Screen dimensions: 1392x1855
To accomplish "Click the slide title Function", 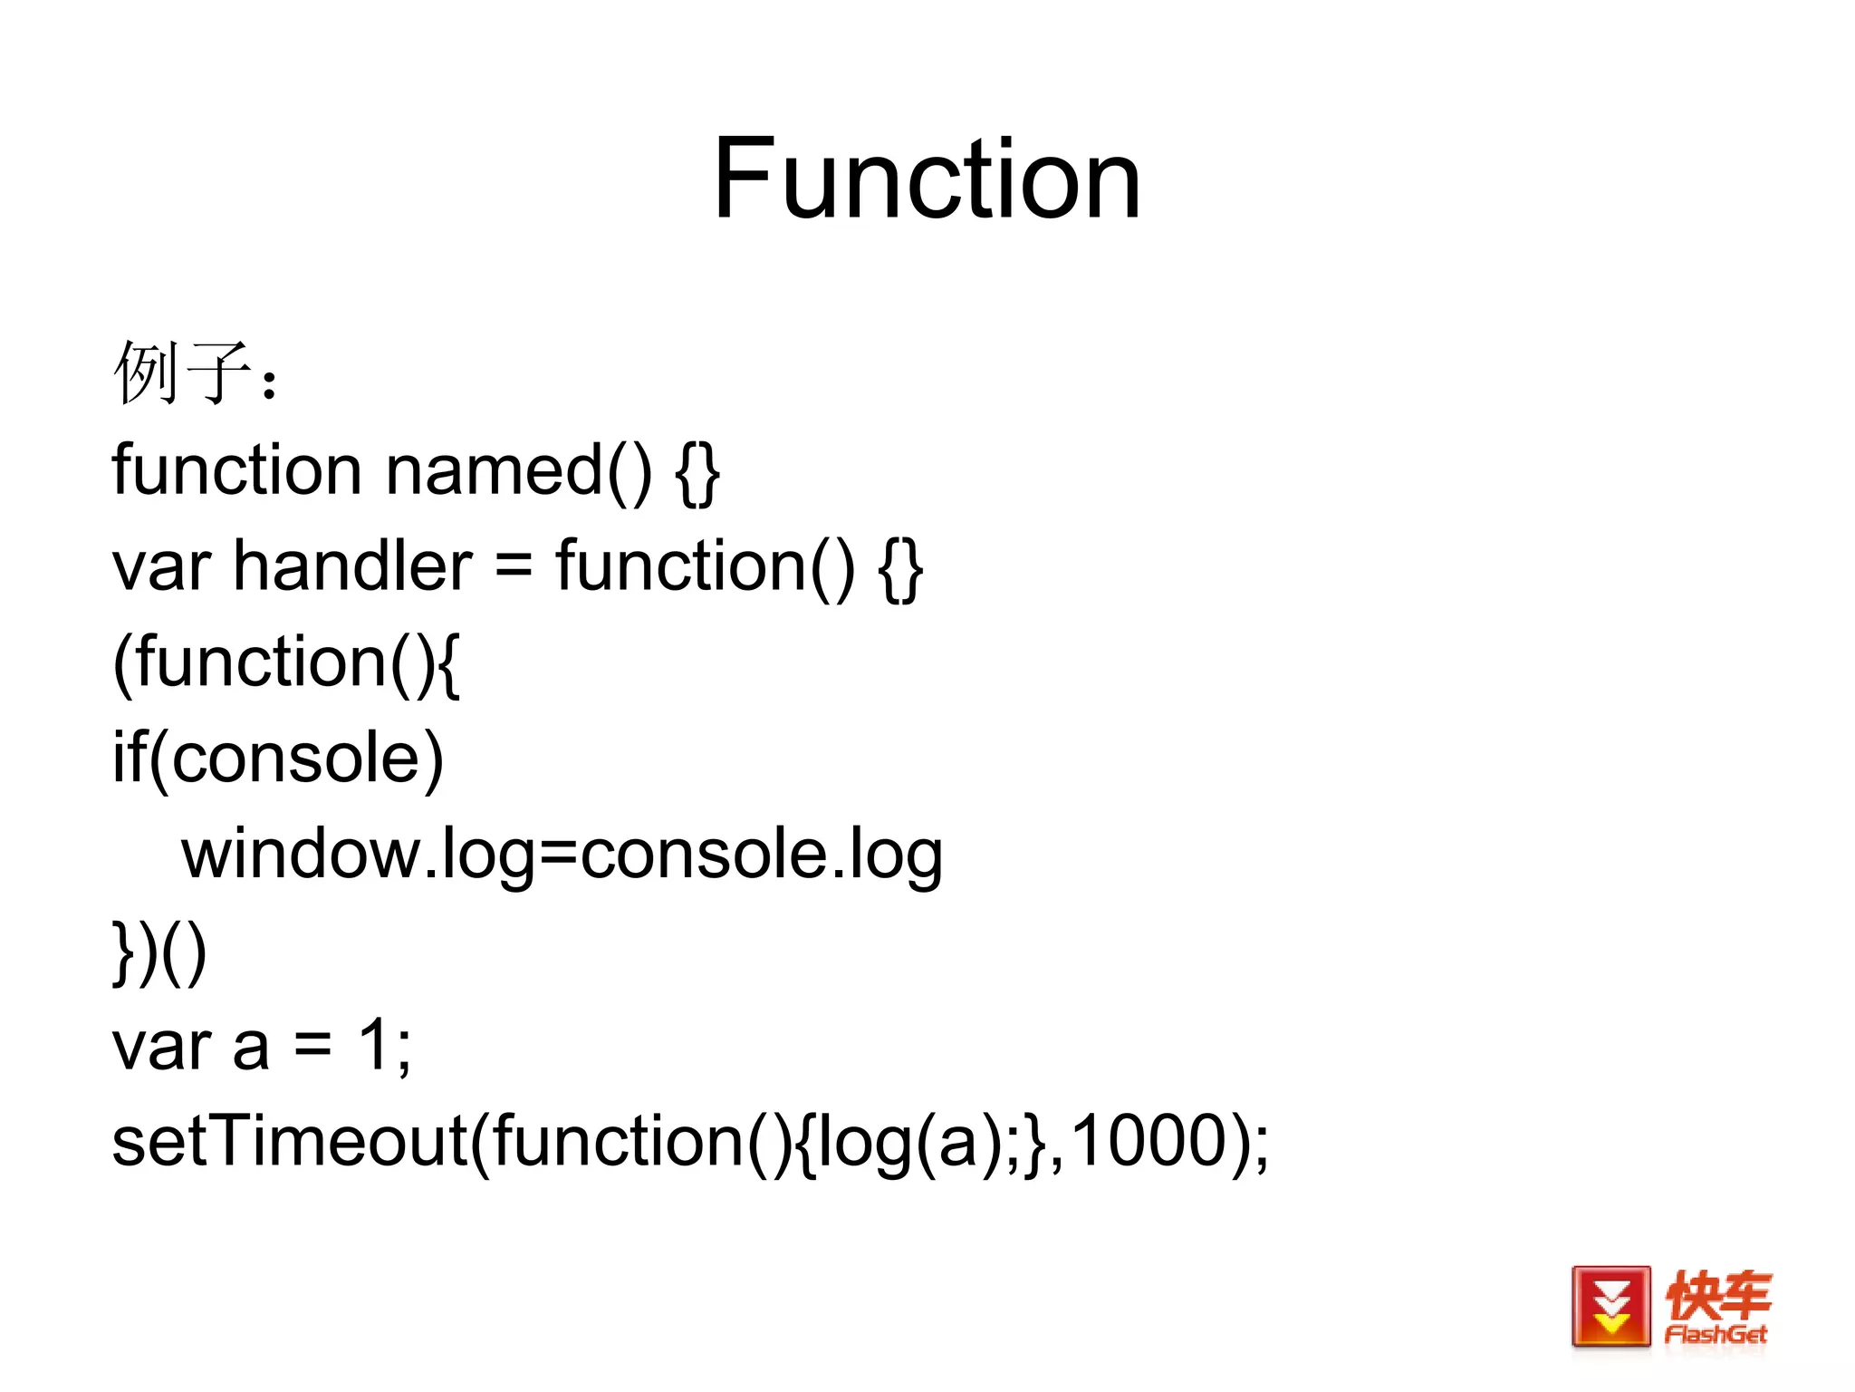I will pyautogui.click(x=926, y=179).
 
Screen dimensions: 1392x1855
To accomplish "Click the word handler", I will pyautogui.click(x=352, y=566).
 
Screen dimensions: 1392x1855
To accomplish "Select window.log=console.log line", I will pyautogui.click(x=562, y=855).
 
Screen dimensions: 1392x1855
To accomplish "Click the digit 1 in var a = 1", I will pyautogui.click(x=375, y=1045).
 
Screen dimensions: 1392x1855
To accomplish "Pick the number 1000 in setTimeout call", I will pyautogui.click(x=1149, y=1141).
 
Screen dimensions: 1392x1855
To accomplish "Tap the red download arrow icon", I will pyautogui.click(x=1610, y=1306).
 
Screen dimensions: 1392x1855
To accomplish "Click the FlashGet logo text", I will pyautogui.click(x=1716, y=1334).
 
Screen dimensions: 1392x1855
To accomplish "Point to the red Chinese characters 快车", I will pyautogui.click(x=1718, y=1294).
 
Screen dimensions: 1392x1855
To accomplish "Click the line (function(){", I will pyautogui.click(x=286, y=662).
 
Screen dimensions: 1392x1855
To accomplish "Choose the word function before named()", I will pyautogui.click(x=236, y=470).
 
